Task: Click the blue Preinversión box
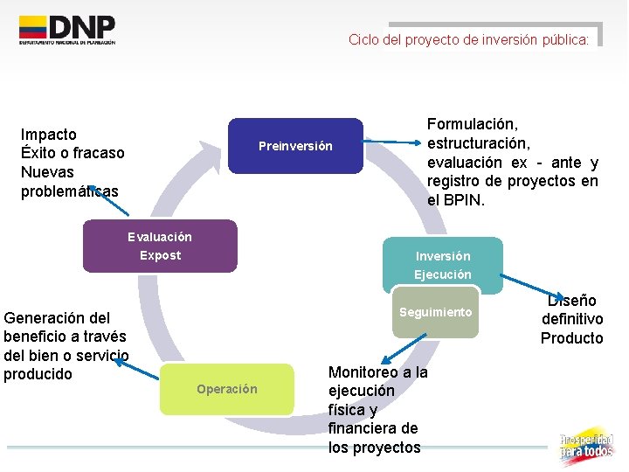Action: pyautogui.click(x=295, y=146)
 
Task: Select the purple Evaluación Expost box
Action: pyautogui.click(x=160, y=246)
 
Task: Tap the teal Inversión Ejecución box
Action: pyautogui.click(x=442, y=265)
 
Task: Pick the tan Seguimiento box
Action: pyautogui.click(x=435, y=313)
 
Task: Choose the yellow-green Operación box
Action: pyautogui.click(x=227, y=389)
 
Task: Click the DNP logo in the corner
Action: pyautogui.click(x=67, y=31)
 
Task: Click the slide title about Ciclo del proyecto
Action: pyautogui.click(x=469, y=39)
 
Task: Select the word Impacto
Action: pyautogui.click(x=49, y=135)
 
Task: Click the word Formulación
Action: pyautogui.click(x=473, y=125)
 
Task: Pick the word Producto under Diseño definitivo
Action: pyautogui.click(x=572, y=338)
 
